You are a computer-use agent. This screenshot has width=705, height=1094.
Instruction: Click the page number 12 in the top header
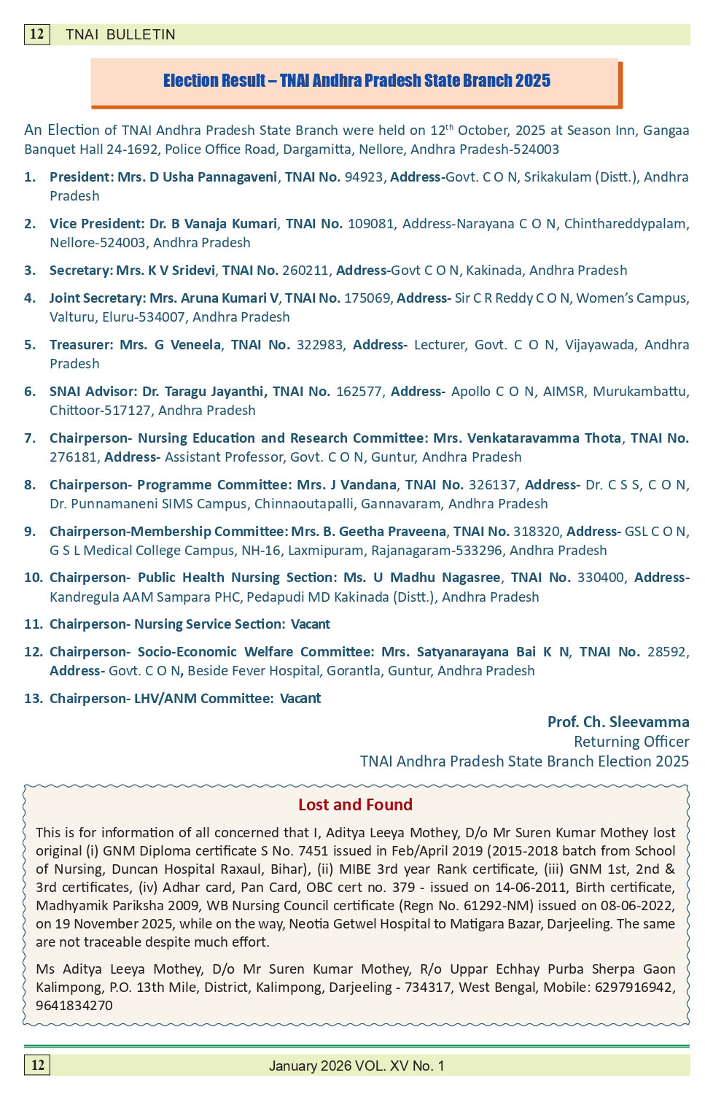tap(36, 34)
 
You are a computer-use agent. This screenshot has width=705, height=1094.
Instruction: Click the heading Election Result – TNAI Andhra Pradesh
tap(357, 81)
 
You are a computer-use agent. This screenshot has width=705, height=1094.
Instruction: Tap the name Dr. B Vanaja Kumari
tap(213, 224)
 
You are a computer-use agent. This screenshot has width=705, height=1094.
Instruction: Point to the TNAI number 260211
tap(305, 271)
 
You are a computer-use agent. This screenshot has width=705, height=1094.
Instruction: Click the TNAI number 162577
tap(359, 392)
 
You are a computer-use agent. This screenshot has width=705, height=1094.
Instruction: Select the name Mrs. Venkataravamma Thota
tap(527, 438)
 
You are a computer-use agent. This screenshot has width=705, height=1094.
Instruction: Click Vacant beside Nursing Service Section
tap(311, 624)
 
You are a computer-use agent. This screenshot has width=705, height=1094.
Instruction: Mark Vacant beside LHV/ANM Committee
tap(300, 699)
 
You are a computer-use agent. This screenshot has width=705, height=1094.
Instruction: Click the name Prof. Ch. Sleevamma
tap(618, 722)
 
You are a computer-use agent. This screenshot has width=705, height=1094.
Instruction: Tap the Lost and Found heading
tap(355, 805)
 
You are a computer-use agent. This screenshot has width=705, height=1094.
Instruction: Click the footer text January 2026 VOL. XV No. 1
tap(357, 1066)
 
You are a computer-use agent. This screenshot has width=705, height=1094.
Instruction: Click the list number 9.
tap(30, 532)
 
